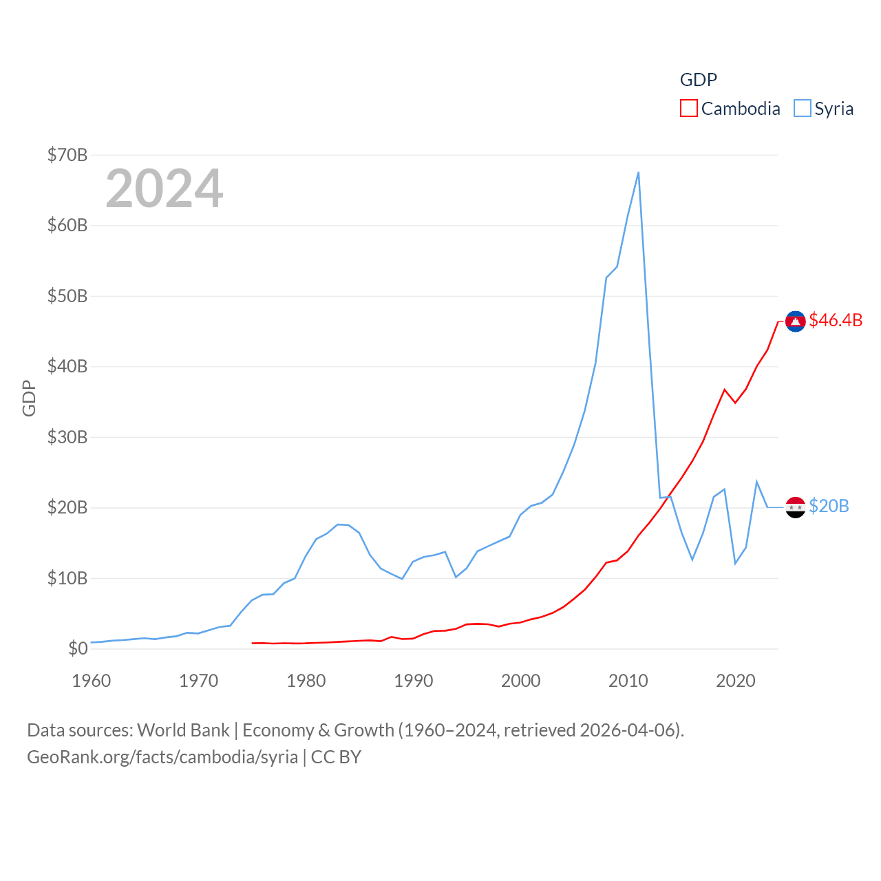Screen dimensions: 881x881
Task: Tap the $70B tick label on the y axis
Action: click(67, 155)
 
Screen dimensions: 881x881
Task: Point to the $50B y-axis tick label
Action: click(67, 296)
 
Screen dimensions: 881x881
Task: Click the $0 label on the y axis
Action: click(78, 648)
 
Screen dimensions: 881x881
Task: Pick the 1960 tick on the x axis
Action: click(91, 681)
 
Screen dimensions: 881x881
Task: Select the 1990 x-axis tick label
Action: click(413, 681)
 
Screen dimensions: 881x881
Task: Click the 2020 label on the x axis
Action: click(735, 681)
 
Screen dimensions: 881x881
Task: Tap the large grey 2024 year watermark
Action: click(164, 189)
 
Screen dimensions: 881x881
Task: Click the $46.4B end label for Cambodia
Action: click(836, 320)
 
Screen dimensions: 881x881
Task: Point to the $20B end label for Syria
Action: click(829, 506)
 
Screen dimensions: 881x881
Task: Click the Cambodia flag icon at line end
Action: click(796, 321)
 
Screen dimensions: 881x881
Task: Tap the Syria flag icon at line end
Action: click(796, 507)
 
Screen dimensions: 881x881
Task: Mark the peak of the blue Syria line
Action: click(638, 173)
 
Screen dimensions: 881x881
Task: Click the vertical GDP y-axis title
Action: click(29, 398)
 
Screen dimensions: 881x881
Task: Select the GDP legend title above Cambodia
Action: click(699, 80)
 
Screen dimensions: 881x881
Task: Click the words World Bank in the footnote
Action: click(183, 730)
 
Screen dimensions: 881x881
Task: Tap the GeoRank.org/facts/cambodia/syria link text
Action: click(162, 757)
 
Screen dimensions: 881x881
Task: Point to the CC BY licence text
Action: click(336, 757)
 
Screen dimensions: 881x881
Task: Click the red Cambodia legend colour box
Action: click(688, 109)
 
